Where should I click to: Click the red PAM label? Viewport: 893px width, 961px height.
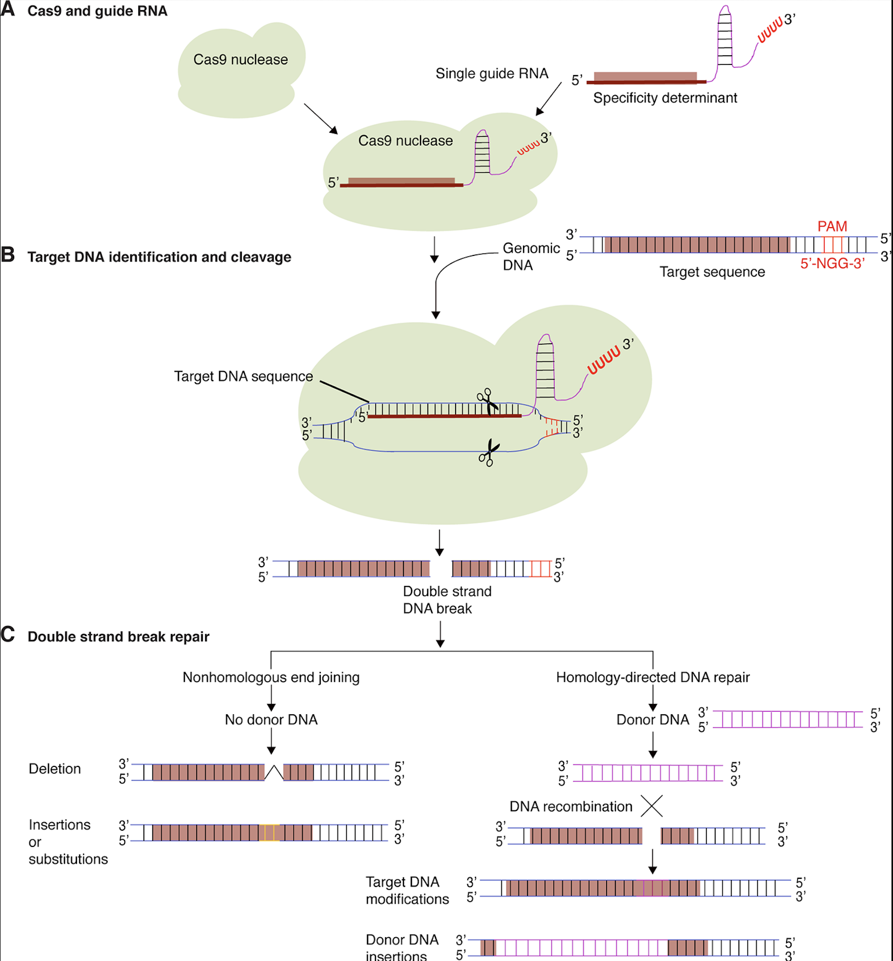832,226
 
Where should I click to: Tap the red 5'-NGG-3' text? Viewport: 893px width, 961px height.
832,264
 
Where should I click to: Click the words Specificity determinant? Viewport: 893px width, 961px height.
665,98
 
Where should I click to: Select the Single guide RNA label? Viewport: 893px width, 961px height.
492,73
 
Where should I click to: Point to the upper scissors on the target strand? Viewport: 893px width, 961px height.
488,401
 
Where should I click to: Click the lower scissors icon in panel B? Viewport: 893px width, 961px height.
489,453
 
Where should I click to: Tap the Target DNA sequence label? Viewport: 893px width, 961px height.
243,377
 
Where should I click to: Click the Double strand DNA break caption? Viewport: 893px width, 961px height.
447,600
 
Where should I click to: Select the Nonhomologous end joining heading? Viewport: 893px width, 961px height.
271,677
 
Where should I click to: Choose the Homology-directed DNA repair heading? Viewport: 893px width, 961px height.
653,677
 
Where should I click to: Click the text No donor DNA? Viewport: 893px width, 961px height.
271,720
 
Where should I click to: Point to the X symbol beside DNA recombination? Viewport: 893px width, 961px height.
652,806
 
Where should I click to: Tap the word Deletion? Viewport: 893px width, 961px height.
55,769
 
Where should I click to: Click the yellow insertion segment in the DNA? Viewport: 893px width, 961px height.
270,833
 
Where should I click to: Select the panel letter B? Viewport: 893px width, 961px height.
8,255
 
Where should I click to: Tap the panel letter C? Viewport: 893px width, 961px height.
8,635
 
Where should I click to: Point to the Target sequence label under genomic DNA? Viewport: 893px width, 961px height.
712,272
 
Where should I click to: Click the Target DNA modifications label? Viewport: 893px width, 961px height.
407,891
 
